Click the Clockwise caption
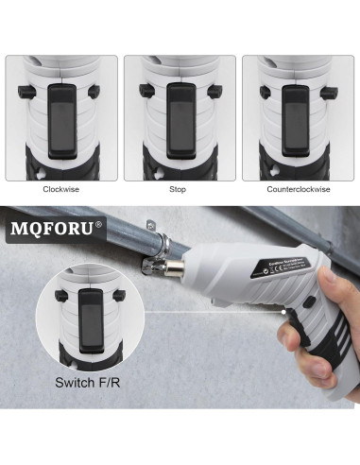[x=60, y=189]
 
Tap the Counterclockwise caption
[x=299, y=189]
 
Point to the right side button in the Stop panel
[x=214, y=92]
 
